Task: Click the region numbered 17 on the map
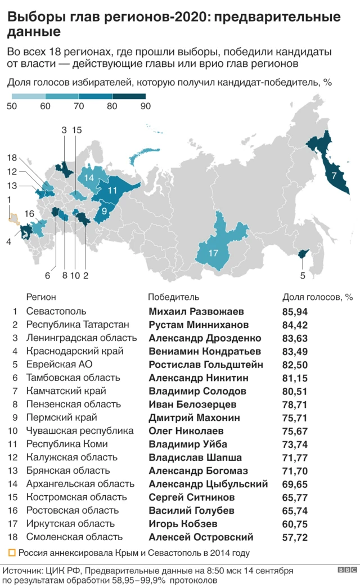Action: pos(213,253)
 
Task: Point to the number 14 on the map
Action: pos(89,178)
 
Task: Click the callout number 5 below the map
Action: pos(303,276)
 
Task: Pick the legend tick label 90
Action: pos(145,107)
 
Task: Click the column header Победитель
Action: pos(173,297)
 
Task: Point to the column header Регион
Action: pos(41,297)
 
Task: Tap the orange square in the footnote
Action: pos(12,553)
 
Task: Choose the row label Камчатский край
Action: pos(66,391)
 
